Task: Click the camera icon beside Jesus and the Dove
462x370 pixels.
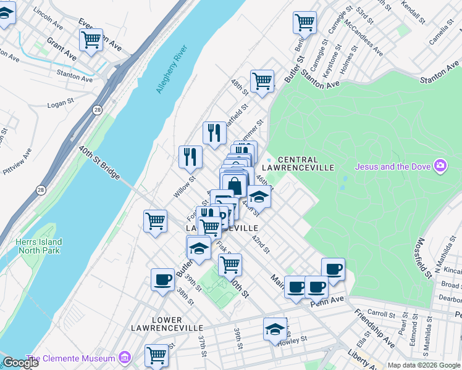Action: [440, 166]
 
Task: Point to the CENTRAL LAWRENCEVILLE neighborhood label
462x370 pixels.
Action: [298, 163]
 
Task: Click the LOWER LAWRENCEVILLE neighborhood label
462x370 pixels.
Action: [156, 324]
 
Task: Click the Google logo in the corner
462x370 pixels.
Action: [20, 363]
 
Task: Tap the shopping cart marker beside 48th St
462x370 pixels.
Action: [262, 81]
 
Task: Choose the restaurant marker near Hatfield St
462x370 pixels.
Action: [214, 133]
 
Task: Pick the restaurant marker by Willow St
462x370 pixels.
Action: [190, 156]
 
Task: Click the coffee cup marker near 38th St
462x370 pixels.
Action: [163, 279]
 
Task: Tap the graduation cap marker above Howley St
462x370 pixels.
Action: [275, 328]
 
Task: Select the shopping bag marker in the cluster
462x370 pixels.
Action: [235, 185]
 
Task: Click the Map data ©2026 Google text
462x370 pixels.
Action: [424, 365]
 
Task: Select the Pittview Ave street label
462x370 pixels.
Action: [27, 162]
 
